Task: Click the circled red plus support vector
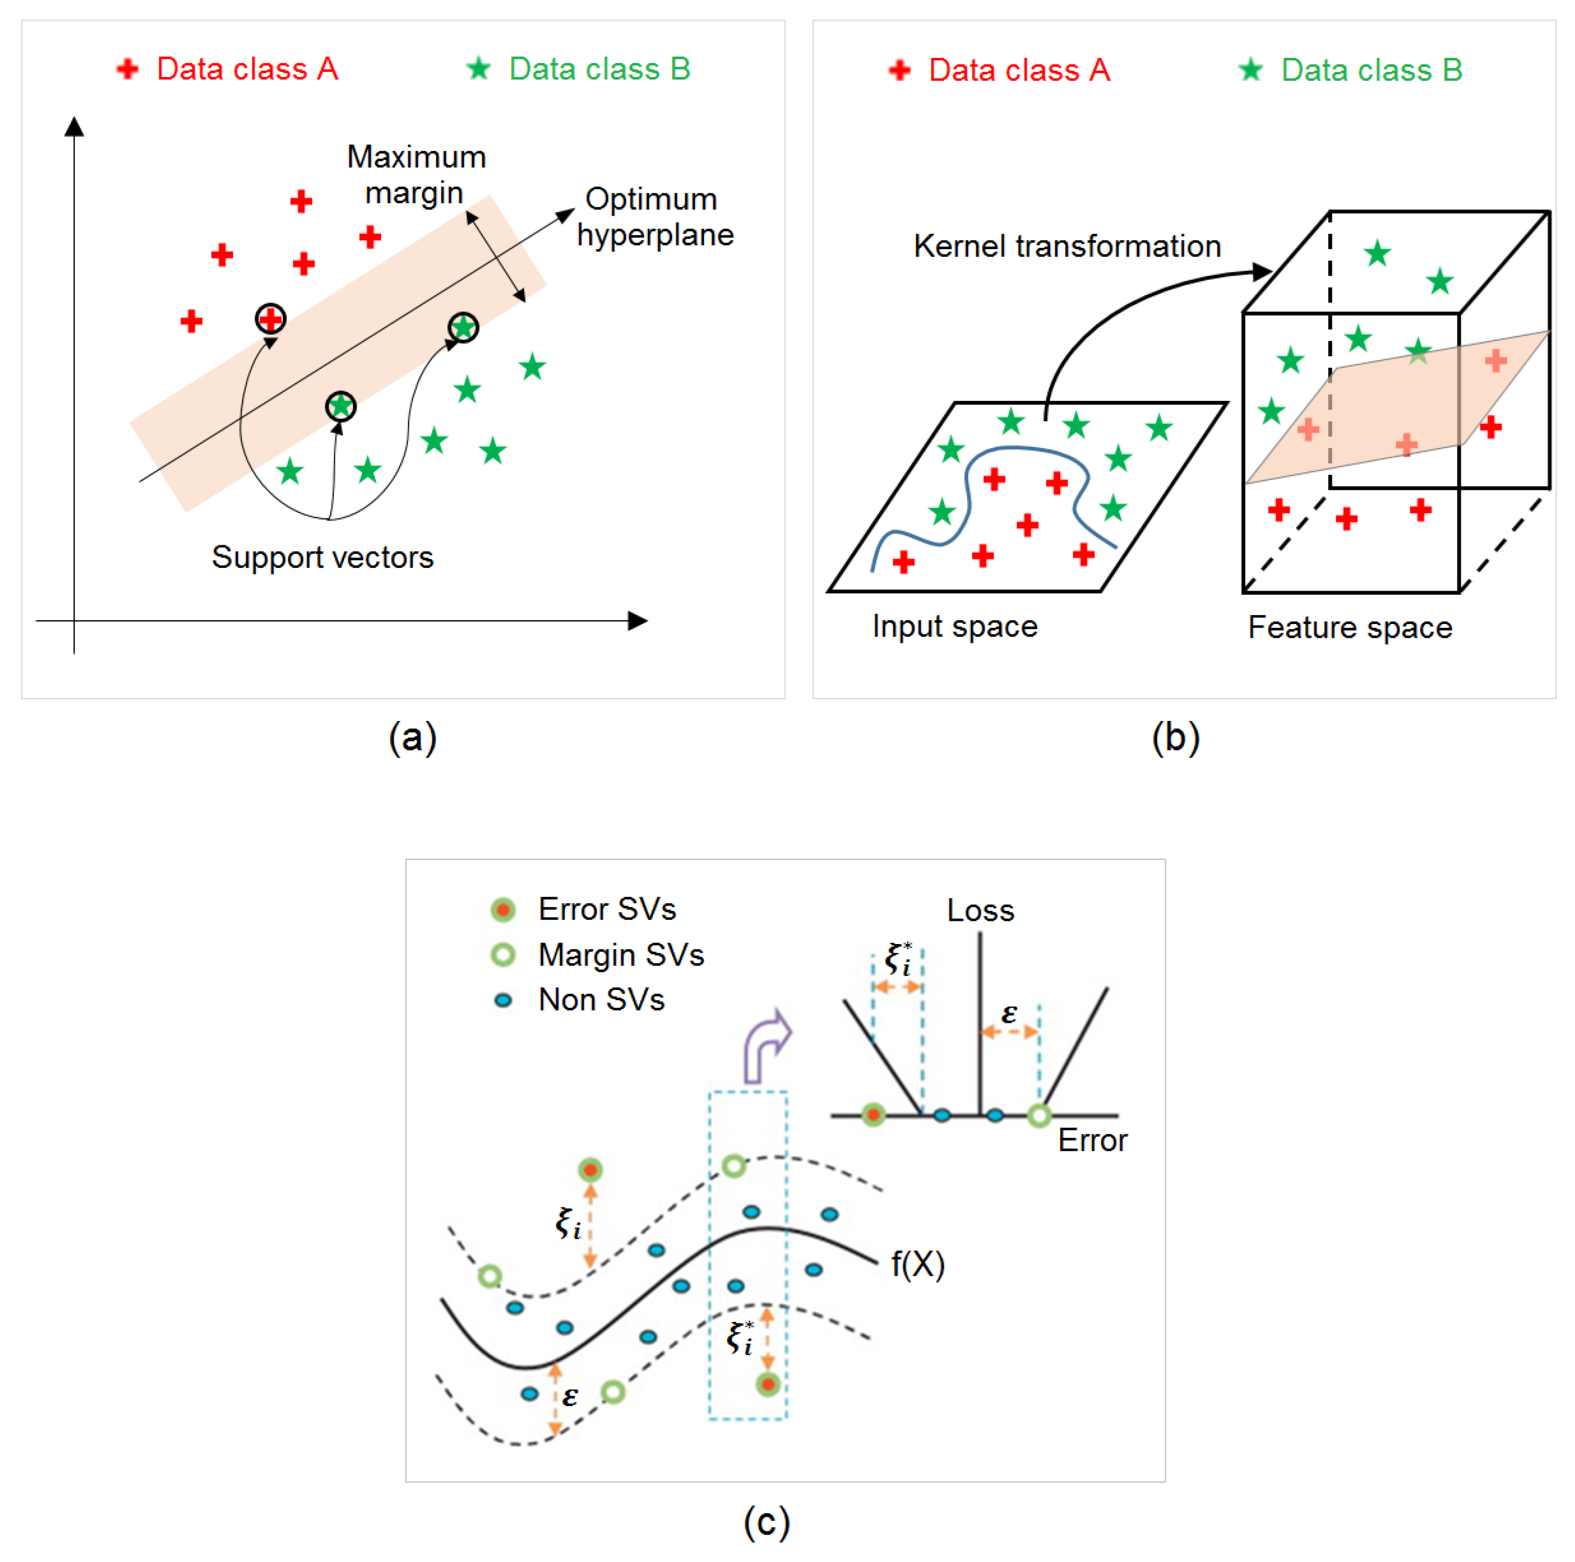pyautogui.click(x=271, y=319)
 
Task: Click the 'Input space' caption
pyautogui.click(x=954, y=626)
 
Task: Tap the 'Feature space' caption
pyautogui.click(x=1350, y=628)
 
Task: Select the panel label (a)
pyautogui.click(x=412, y=738)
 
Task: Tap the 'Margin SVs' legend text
pyautogui.click(x=621, y=955)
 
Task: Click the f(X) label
pyautogui.click(x=917, y=1265)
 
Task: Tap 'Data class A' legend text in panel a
pyautogui.click(x=247, y=69)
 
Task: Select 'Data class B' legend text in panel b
pyautogui.click(x=1371, y=71)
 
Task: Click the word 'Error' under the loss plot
pyautogui.click(x=1092, y=1140)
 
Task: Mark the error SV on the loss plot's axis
pyautogui.click(x=873, y=1114)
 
